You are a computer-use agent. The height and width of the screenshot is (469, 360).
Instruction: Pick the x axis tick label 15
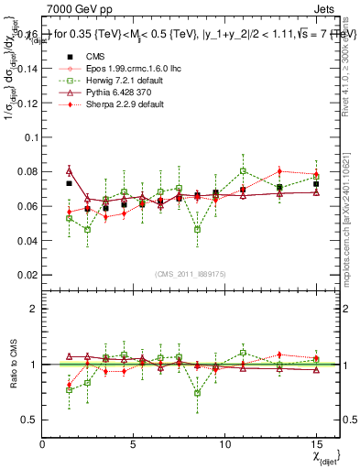click(x=316, y=444)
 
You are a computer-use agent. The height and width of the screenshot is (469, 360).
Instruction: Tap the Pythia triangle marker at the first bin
click(x=69, y=170)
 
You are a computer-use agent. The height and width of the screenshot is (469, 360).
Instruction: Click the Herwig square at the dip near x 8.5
click(x=198, y=229)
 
